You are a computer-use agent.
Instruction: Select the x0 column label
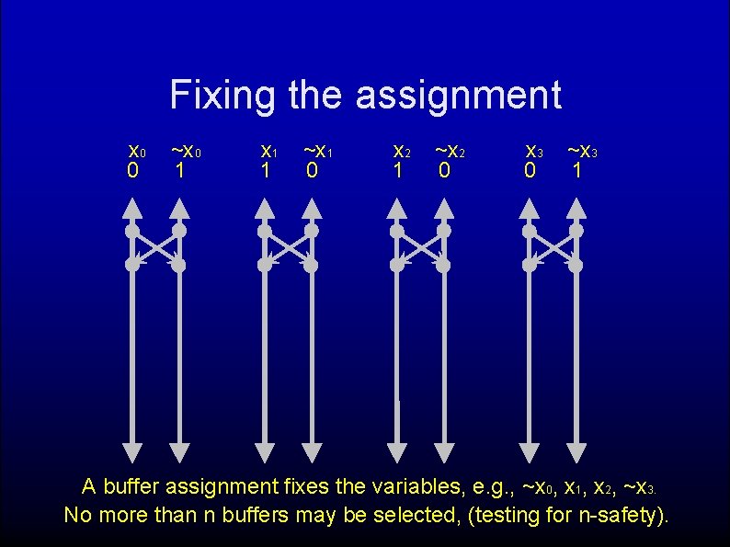click(136, 150)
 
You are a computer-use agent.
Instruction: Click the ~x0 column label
click(186, 150)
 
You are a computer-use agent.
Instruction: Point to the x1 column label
click(268, 150)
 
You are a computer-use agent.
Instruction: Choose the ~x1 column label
click(318, 150)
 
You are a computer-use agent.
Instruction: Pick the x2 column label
click(401, 150)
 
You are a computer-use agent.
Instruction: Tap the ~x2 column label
click(450, 150)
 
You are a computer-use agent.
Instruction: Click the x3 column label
click(533, 150)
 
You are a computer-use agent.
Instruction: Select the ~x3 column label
click(583, 150)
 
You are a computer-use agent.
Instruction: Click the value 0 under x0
click(132, 171)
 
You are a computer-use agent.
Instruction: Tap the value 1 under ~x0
click(180, 171)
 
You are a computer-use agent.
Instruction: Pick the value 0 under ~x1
click(313, 171)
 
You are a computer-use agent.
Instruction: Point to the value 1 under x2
click(397, 171)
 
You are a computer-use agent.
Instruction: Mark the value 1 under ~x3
click(576, 171)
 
